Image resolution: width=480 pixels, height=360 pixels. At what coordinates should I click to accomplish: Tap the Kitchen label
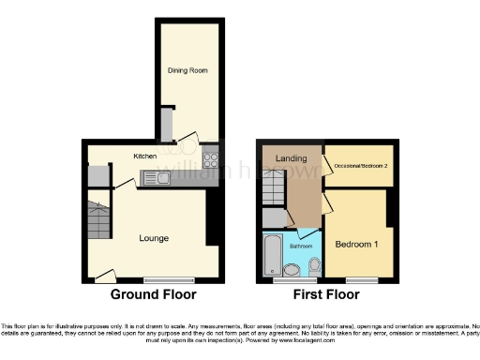click(x=144, y=156)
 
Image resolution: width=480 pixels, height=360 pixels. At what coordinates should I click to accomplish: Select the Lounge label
click(x=154, y=238)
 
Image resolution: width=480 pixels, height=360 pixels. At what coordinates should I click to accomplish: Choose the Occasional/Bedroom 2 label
click(x=361, y=165)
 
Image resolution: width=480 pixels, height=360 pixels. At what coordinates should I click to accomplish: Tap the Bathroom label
click(x=301, y=246)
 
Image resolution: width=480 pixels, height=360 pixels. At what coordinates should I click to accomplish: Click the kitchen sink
click(x=163, y=177)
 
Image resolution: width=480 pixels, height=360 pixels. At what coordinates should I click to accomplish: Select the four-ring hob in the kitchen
click(x=209, y=159)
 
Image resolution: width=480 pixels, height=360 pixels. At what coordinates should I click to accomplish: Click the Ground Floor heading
click(x=154, y=295)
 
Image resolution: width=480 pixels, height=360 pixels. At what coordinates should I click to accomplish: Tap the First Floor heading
click(x=327, y=295)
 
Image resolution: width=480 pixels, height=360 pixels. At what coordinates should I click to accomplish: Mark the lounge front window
click(x=169, y=279)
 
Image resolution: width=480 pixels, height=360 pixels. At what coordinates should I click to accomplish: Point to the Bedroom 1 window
click(x=355, y=279)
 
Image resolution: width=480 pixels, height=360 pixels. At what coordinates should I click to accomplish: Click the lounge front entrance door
click(x=104, y=276)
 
